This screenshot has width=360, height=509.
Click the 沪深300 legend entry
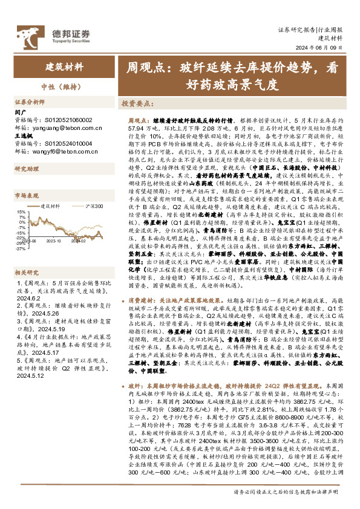pyautogui.click(x=94, y=206)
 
